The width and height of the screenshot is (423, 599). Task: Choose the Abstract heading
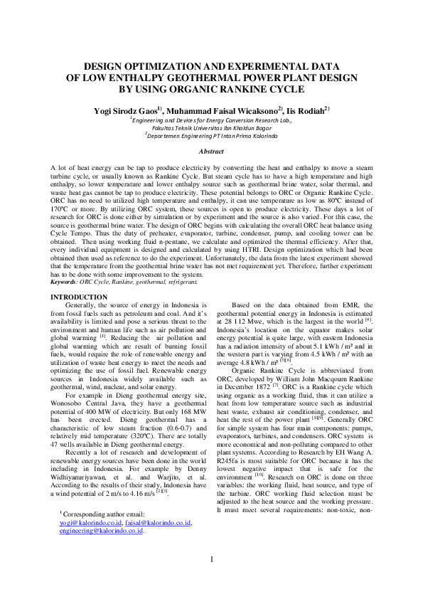pos(211,152)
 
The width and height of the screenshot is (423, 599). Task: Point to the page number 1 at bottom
pos(211,579)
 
